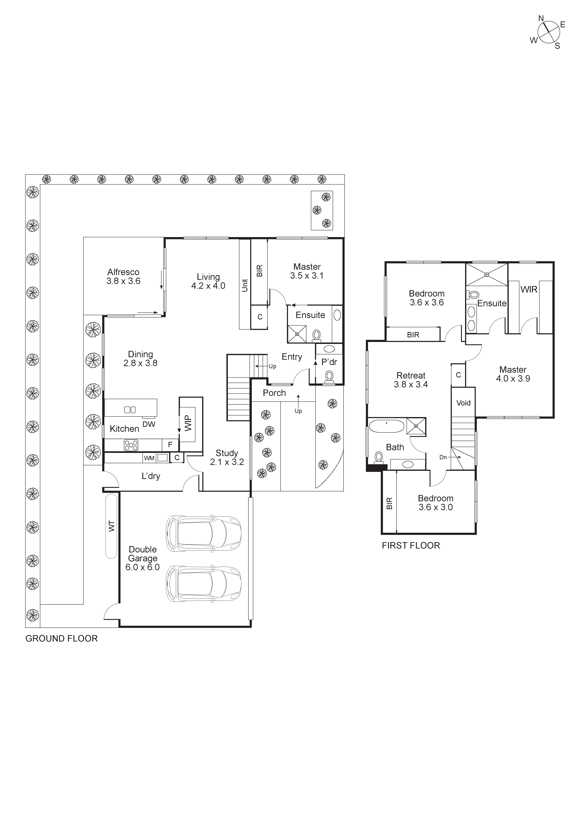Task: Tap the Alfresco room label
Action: (124, 276)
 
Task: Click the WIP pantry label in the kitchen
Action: (188, 423)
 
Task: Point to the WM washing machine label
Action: (149, 458)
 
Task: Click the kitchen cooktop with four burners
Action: (131, 445)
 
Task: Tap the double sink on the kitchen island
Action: (130, 410)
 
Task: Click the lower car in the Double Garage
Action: (203, 584)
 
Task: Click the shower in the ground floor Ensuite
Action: (297, 334)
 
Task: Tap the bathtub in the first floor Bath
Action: (386, 426)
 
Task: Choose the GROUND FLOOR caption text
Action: (61, 639)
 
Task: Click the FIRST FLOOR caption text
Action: (411, 545)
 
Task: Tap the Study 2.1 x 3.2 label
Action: (227, 457)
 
